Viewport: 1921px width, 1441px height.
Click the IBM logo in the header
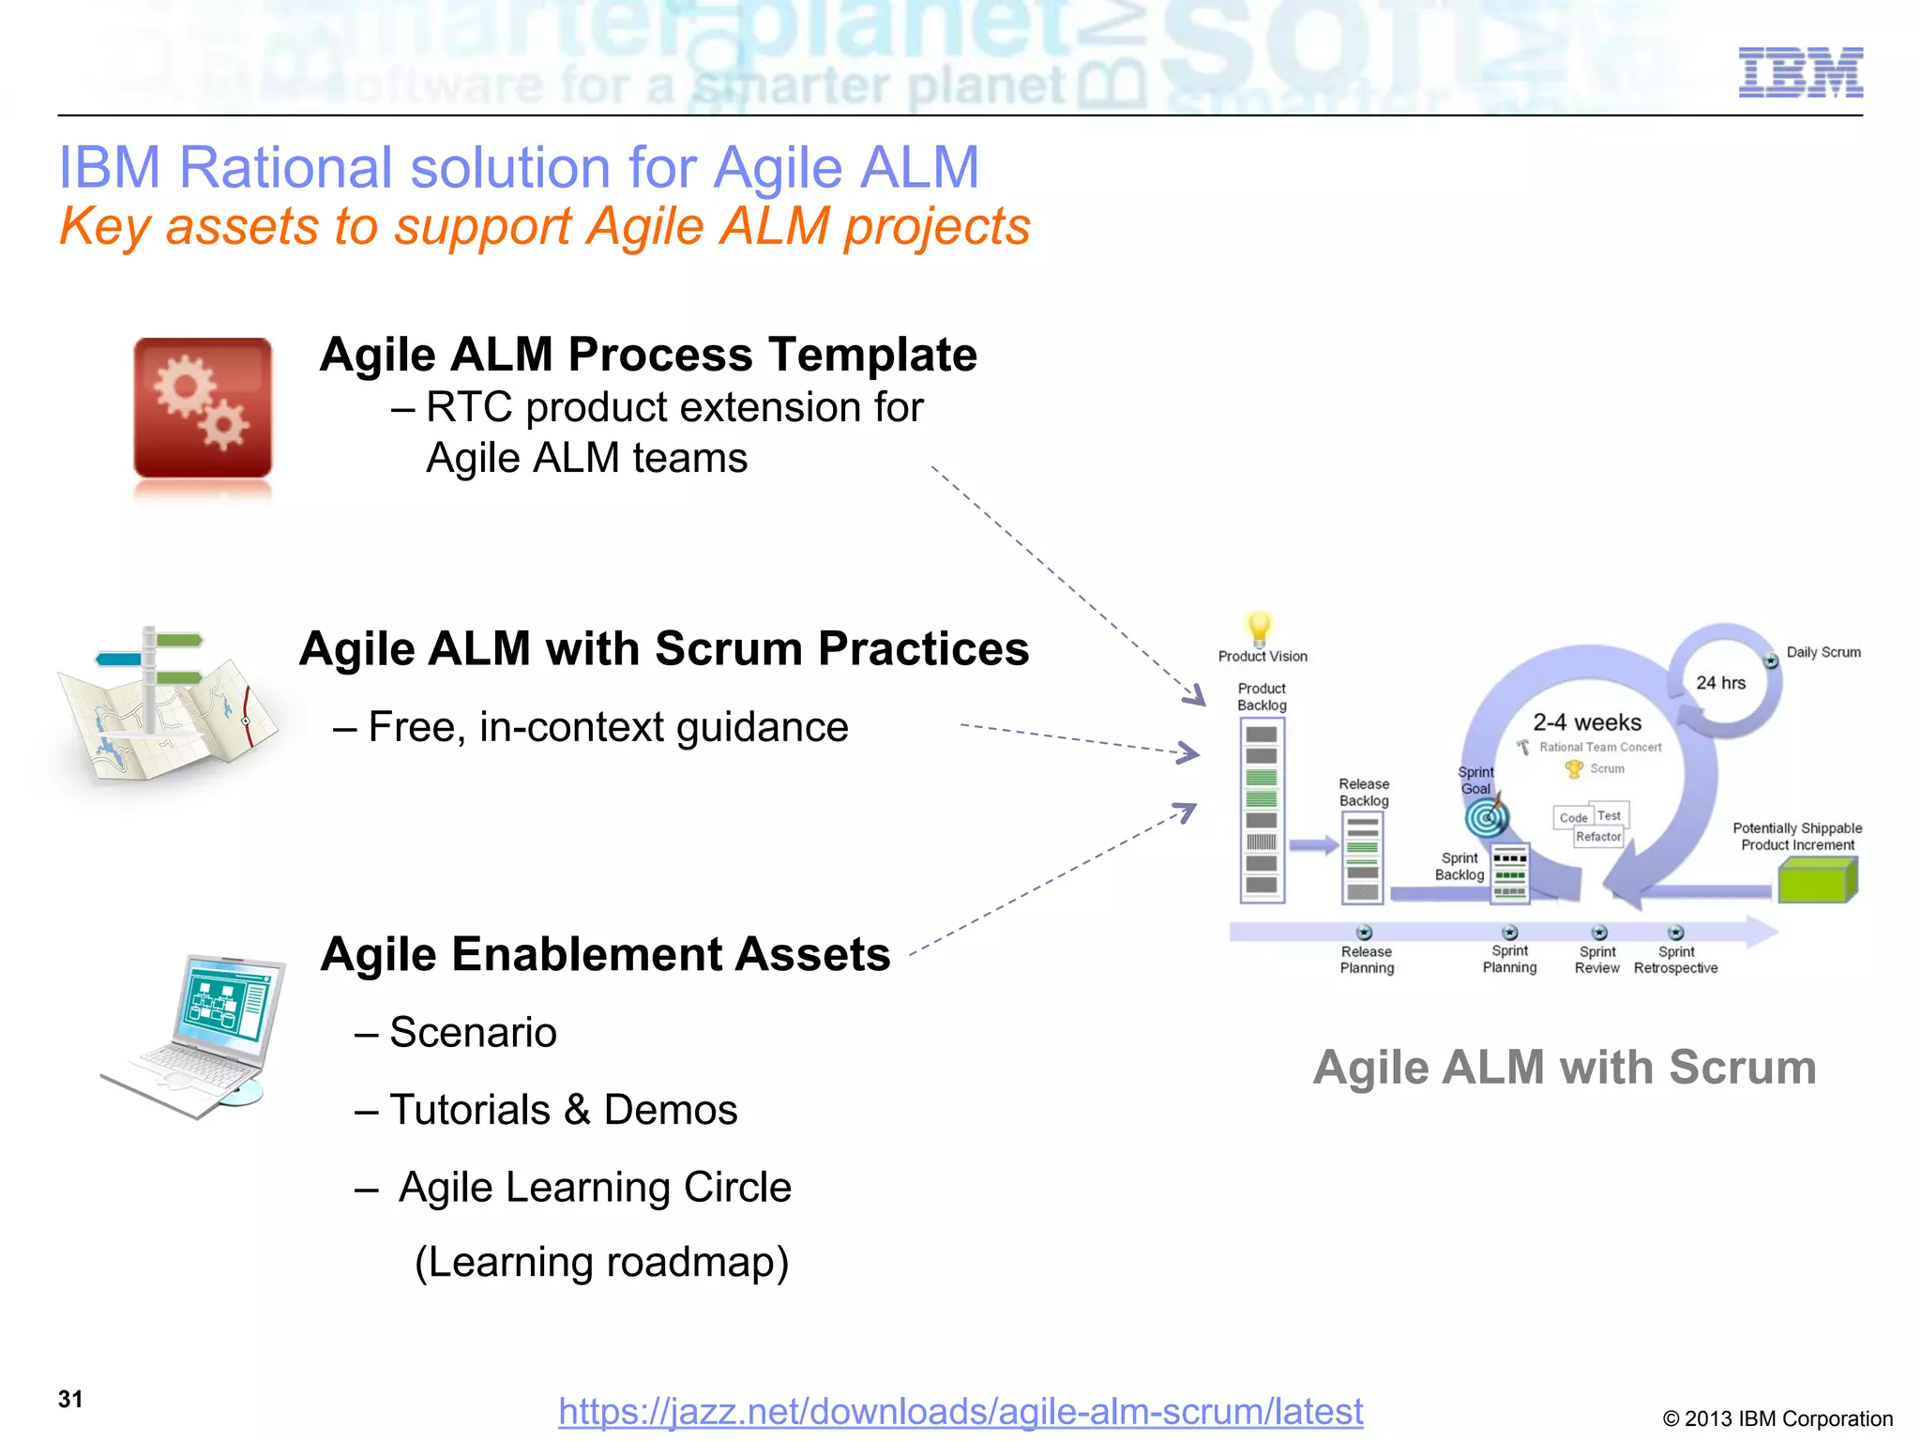point(1800,72)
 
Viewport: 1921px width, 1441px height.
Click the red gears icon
point(203,409)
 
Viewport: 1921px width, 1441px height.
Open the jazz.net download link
point(960,1411)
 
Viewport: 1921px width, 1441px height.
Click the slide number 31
point(70,1399)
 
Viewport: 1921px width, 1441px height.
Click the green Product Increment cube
point(1817,882)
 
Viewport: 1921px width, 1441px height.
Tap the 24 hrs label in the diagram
point(1720,683)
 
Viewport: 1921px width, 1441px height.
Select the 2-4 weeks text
point(1587,722)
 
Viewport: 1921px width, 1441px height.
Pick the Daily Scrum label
point(1823,652)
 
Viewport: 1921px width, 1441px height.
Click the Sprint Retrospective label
point(1675,960)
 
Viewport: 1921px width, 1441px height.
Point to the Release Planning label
point(1367,960)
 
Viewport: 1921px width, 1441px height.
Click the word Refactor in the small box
point(1598,837)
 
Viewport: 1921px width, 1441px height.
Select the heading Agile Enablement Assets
point(605,954)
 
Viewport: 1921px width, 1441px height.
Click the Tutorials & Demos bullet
point(563,1110)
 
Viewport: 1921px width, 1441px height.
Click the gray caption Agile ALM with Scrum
point(1564,1068)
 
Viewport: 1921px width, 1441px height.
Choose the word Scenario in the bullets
point(473,1032)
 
